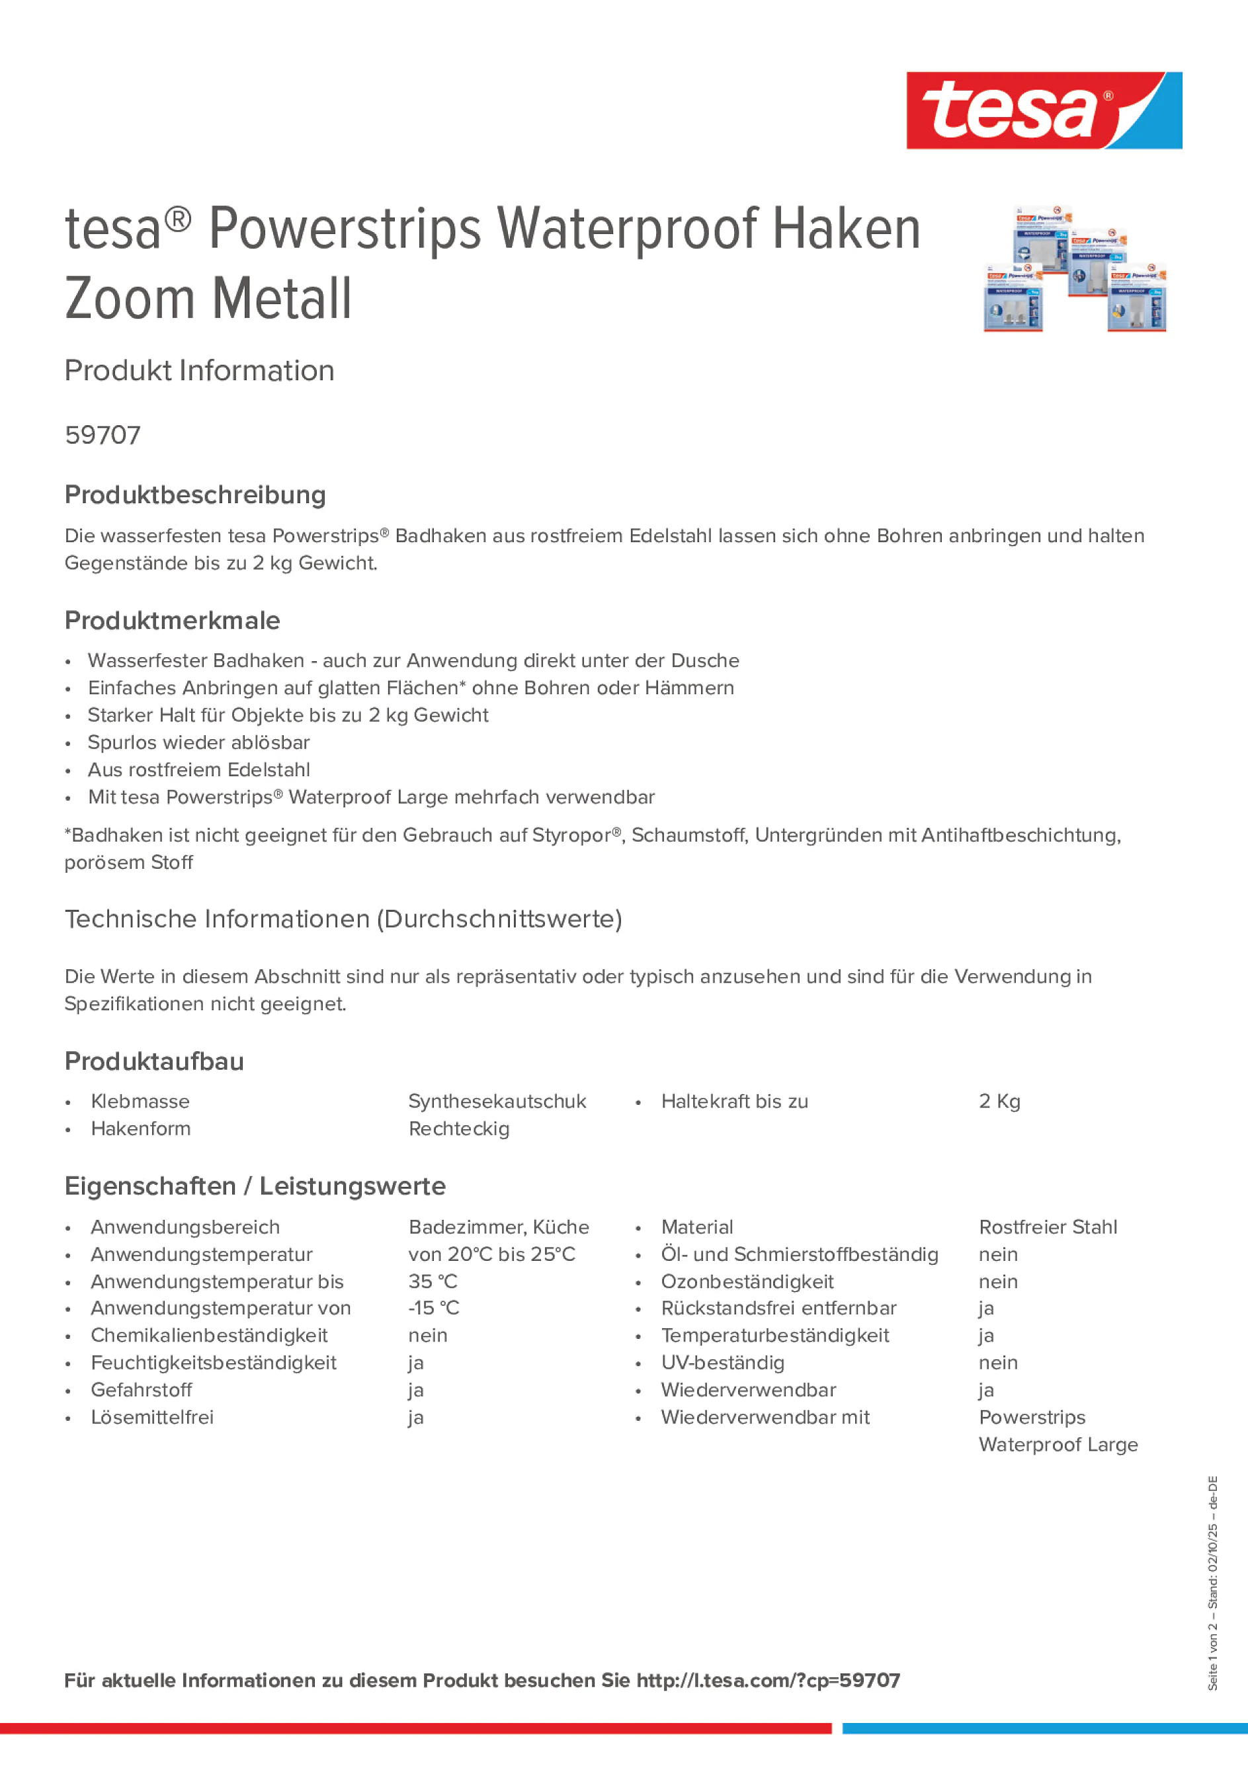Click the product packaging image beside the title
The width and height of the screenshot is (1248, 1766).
pyautogui.click(x=1075, y=268)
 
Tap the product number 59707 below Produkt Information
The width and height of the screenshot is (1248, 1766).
pyautogui.click(x=103, y=435)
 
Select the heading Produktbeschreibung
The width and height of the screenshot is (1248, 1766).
pyautogui.click(x=194, y=495)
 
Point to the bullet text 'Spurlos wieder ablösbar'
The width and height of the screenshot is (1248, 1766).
pyautogui.click(x=198, y=743)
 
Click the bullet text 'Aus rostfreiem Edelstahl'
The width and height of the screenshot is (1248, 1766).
pyautogui.click(x=198, y=770)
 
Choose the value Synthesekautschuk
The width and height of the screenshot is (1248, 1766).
pyautogui.click(x=497, y=1102)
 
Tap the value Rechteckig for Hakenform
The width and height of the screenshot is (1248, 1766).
pyautogui.click(x=458, y=1129)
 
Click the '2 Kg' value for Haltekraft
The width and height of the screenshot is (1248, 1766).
pyautogui.click(x=999, y=1102)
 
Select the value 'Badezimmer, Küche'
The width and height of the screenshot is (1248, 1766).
pyautogui.click(x=499, y=1227)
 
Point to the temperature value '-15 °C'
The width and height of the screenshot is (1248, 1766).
pyautogui.click(x=433, y=1308)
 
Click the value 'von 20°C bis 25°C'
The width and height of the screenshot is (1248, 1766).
pyautogui.click(x=491, y=1254)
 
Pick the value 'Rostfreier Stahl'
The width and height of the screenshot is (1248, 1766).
pyautogui.click(x=1047, y=1227)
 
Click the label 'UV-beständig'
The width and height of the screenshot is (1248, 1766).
pyautogui.click(x=722, y=1362)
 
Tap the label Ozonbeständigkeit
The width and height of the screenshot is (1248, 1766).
pyautogui.click(x=747, y=1281)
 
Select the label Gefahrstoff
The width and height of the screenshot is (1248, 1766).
pyautogui.click(x=141, y=1390)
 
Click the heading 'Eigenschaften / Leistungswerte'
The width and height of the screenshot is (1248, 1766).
pyautogui.click(x=255, y=1186)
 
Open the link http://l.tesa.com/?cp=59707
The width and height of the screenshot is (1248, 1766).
pyautogui.click(x=768, y=1681)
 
